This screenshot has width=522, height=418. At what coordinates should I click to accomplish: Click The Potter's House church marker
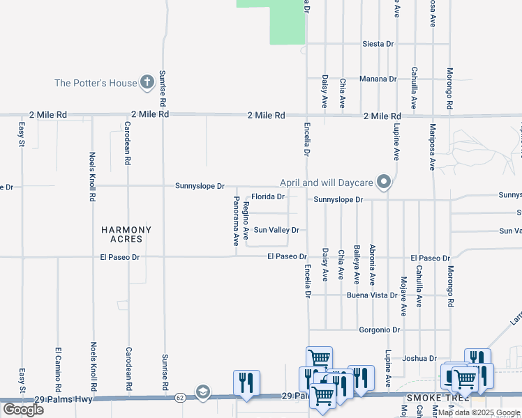pos(147,83)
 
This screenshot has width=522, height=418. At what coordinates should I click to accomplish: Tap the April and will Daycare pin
pos(383,183)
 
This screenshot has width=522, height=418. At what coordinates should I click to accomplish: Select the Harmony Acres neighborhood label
pos(126,234)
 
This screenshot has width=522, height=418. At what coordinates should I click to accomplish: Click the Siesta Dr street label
pos(378,44)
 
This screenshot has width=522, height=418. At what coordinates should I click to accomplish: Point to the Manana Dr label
pos(378,79)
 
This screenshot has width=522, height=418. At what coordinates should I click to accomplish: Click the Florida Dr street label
pos(268,197)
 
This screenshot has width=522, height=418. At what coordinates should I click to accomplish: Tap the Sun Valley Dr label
pos(276,230)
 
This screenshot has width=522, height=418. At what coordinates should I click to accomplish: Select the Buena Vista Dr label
pos(373,295)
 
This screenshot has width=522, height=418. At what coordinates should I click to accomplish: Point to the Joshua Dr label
pos(419,358)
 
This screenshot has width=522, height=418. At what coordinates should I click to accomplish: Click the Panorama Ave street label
pos(236,221)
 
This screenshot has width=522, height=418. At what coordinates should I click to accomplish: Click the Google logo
pos(23,409)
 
